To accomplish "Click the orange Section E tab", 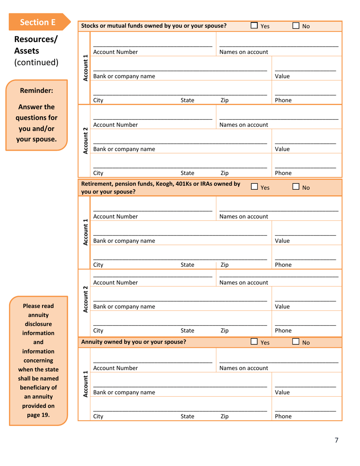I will pyautogui.click(x=38, y=22).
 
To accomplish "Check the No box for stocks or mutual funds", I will pyautogui.click(x=296, y=26).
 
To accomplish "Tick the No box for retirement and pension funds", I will pyautogui.click(x=296, y=187).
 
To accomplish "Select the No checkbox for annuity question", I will pyautogui.click(x=296, y=342).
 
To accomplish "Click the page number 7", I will pyautogui.click(x=336, y=440).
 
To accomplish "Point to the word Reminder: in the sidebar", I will pyautogui.click(x=36, y=91).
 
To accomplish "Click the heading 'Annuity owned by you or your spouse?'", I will pyautogui.click(x=134, y=342).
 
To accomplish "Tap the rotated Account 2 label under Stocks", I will pyautogui.click(x=85, y=140).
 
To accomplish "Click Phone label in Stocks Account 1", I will pyautogui.click(x=283, y=100).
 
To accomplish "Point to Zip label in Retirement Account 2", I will pyautogui.click(x=224, y=330).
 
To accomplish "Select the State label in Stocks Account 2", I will pyautogui.click(x=187, y=174).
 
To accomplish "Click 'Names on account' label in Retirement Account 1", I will pyautogui.click(x=244, y=217).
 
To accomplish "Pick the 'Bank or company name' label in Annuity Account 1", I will pyautogui.click(x=124, y=393).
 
